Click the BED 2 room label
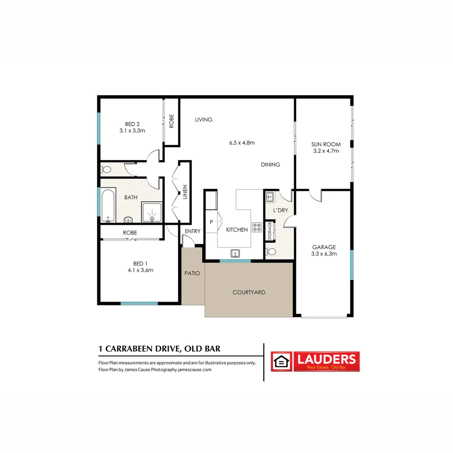132,124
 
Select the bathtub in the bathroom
108,206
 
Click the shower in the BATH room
151,212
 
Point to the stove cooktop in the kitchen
257,227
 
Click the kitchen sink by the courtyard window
235,253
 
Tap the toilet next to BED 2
106,170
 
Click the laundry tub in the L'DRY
270,196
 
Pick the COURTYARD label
249,292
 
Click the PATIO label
192,273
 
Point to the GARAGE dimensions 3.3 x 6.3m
324,253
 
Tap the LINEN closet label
185,195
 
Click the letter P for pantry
211,222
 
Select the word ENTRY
193,231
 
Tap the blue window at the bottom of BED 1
139,303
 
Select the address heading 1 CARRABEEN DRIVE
159,349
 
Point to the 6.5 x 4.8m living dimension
242,143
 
